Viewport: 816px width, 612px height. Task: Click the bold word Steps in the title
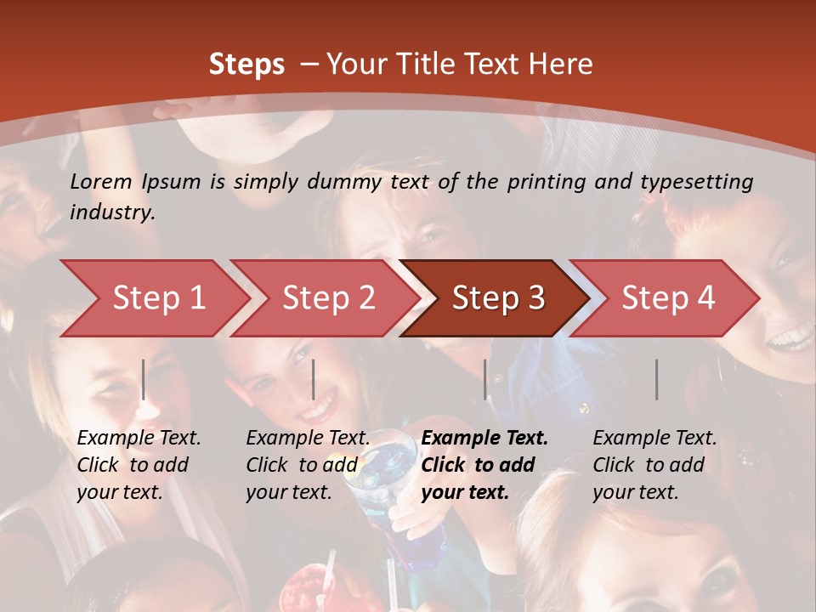246,65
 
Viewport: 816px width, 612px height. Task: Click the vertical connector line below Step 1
144,379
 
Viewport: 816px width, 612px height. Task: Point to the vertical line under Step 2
314,379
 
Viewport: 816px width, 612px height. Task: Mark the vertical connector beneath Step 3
485,379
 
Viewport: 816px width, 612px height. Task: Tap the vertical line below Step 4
657,379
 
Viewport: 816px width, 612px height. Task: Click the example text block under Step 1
139,465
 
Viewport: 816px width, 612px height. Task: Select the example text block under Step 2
308,465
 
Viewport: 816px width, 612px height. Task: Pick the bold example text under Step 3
484,465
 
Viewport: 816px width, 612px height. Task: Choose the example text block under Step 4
654,465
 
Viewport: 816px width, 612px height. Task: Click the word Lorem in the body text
101,181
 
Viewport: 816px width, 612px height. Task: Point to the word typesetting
696,182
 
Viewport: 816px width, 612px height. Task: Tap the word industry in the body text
112,212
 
